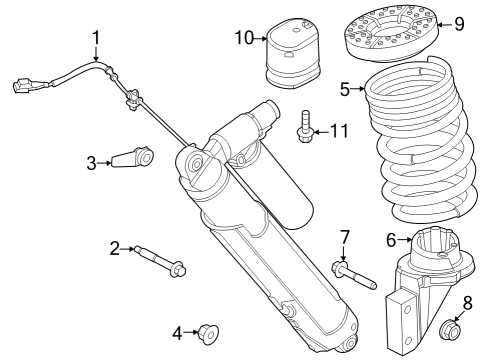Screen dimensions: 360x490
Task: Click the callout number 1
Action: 96,38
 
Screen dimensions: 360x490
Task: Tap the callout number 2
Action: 115,247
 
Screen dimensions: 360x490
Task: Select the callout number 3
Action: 90,161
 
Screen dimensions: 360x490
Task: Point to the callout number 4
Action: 178,331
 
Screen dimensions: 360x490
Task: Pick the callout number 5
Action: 345,90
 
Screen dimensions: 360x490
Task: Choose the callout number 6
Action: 393,239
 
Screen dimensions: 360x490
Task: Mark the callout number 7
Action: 345,237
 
